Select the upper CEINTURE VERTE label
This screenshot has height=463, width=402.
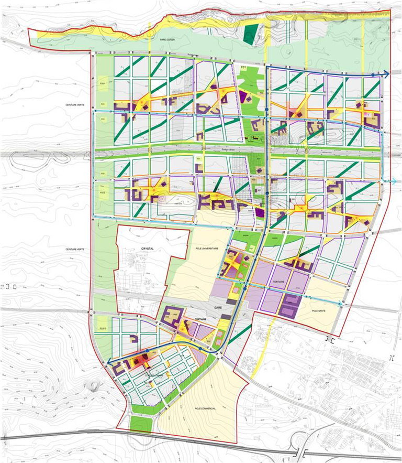73,104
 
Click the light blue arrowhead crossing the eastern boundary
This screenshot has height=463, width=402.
394,181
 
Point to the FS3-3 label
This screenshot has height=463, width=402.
103,328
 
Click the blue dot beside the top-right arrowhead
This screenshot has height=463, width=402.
373,76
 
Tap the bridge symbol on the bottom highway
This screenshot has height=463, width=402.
303,452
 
